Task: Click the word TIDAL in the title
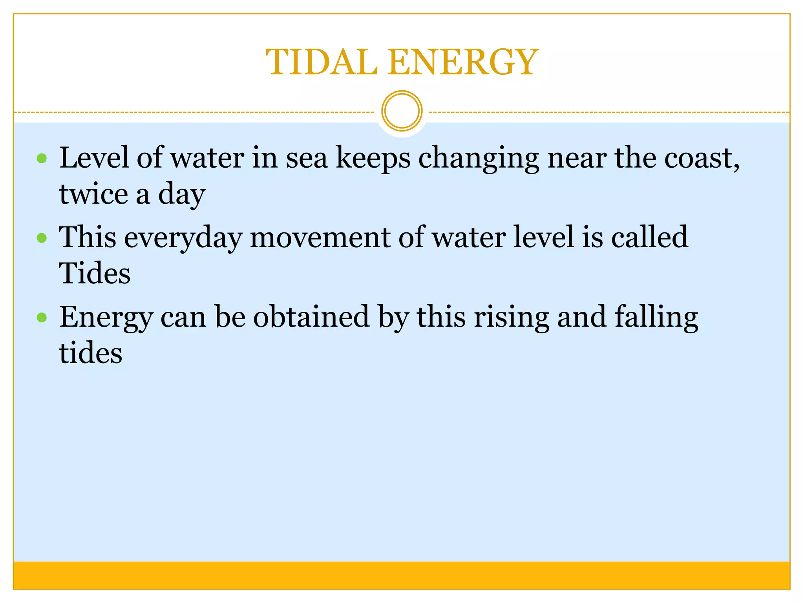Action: click(321, 62)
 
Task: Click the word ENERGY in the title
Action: click(463, 62)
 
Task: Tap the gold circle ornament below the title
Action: click(402, 111)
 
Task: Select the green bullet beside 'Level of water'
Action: click(42, 159)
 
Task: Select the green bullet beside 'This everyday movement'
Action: click(42, 238)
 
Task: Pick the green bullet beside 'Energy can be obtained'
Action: click(42, 317)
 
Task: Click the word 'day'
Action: click(181, 195)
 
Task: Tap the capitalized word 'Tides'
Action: click(95, 273)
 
